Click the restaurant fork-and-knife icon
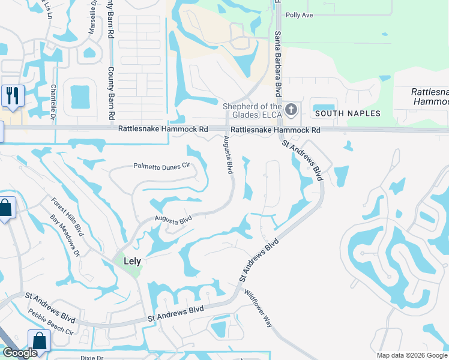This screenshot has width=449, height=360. (12, 95)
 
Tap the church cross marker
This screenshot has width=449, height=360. (291, 109)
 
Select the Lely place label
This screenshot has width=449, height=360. (132, 262)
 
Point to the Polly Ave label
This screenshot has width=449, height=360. (300, 15)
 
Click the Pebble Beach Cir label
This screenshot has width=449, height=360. (50, 322)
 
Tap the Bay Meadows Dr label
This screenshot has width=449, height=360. (64, 236)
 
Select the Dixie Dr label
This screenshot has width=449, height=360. (92, 357)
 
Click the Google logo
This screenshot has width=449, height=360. (20, 353)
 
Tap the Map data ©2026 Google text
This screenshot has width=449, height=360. (412, 355)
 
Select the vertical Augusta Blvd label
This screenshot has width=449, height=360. (228, 155)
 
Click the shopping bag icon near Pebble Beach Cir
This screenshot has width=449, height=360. (39, 341)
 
